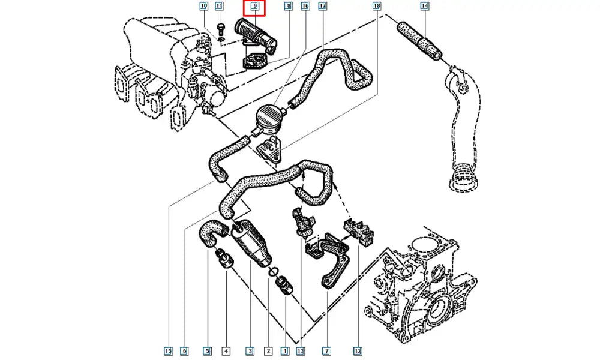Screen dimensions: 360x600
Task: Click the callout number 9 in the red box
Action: [x=254, y=7]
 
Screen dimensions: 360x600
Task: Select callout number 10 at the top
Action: [x=203, y=7]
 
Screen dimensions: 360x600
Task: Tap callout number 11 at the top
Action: [x=219, y=7]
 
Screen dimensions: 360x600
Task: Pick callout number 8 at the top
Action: [x=288, y=7]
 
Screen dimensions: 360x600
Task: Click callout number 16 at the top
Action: [x=305, y=7]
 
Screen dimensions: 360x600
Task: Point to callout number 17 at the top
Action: [x=322, y=7]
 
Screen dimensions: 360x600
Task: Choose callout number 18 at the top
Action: [x=376, y=7]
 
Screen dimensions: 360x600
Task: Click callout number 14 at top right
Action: [x=425, y=7]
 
